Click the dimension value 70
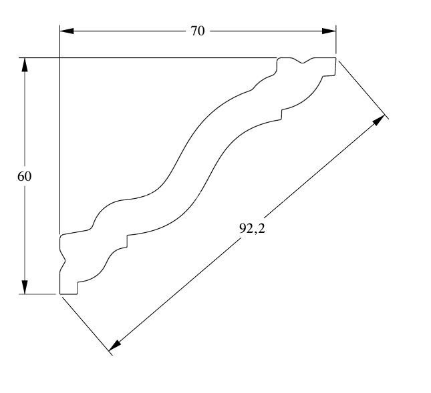click(198, 31)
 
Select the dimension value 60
click(24, 176)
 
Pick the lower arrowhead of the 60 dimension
click(25, 287)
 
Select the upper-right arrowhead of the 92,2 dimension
click(380, 121)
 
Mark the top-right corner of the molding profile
click(335, 58)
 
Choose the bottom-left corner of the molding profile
click(60, 294)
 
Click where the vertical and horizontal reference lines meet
click(59, 58)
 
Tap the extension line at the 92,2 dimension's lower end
click(86, 324)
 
